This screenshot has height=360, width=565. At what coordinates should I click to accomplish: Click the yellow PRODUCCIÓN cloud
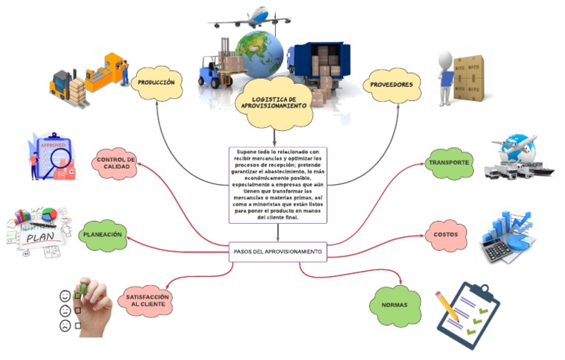156,82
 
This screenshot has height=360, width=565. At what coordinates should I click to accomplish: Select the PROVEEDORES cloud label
392,85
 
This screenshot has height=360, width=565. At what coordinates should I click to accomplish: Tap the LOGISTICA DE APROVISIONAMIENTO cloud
274,102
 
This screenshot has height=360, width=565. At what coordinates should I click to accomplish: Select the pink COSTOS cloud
446,235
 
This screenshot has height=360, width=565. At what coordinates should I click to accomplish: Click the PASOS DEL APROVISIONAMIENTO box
278,252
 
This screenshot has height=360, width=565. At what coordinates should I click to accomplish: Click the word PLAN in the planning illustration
43,239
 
